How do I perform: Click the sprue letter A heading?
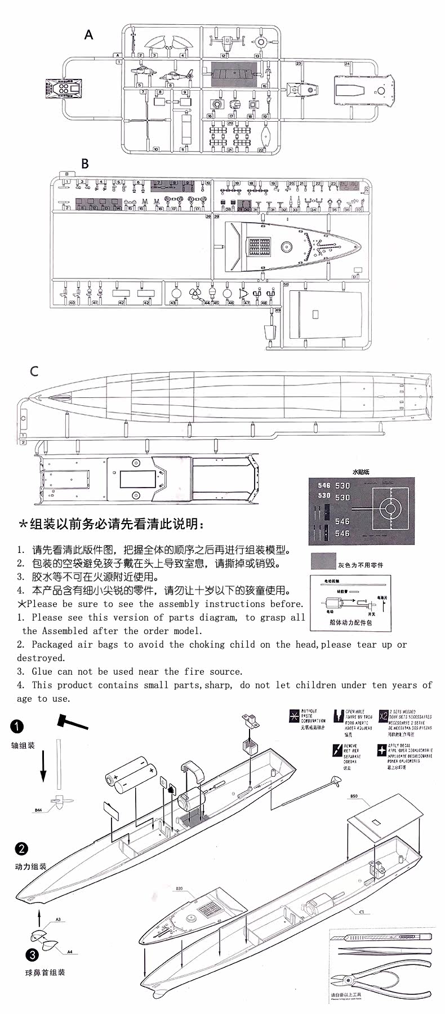(88, 35)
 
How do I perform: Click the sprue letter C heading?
(34, 371)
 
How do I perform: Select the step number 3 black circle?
(32, 954)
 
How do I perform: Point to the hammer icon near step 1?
(72, 721)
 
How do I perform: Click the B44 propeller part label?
(38, 810)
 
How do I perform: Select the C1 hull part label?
(361, 911)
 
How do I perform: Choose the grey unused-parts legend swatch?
(323, 561)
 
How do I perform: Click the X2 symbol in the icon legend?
(383, 716)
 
